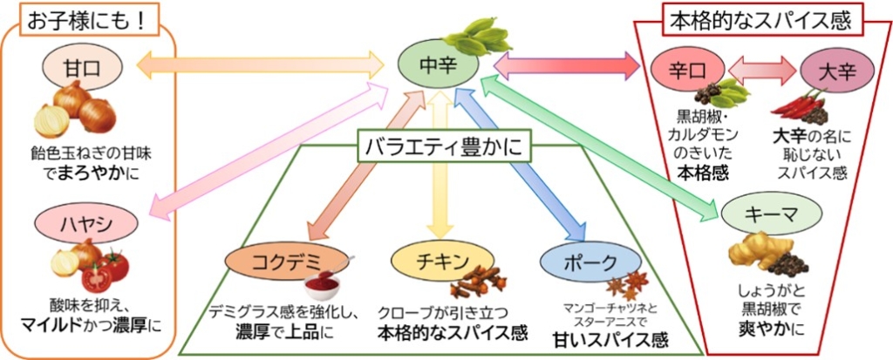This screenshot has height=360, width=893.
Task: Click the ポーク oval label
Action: click(x=579, y=262)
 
